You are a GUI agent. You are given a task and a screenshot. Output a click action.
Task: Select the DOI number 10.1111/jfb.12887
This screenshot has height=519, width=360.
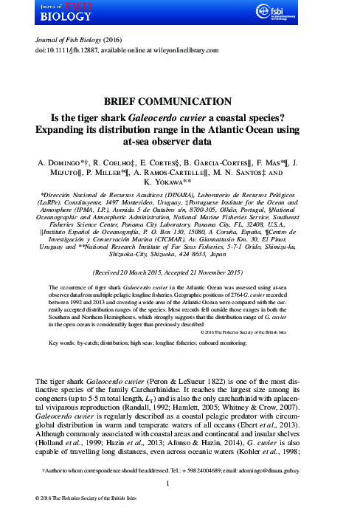pos(78,50)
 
